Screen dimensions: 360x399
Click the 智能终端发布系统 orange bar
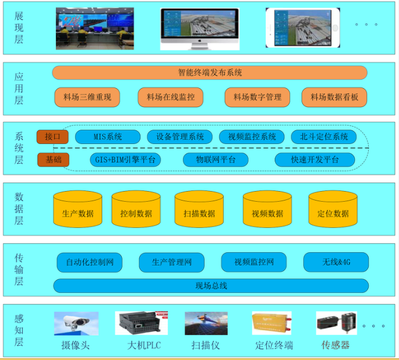click(209, 73)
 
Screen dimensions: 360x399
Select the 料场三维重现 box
click(87, 97)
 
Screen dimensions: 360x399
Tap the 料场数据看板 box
click(334, 97)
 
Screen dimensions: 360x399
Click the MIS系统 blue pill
click(108, 137)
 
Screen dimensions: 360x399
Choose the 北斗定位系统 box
click(324, 137)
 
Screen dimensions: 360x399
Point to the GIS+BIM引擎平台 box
click(125, 159)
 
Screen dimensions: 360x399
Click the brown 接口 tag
click(53, 137)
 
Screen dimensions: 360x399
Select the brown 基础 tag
click(53, 159)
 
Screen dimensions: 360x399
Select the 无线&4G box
click(336, 262)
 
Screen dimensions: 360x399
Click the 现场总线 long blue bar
click(211, 286)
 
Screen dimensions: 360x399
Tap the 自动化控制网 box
click(89, 262)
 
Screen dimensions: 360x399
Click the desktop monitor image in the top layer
click(200, 28)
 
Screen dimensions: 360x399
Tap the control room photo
click(95, 28)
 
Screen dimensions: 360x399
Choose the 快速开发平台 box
click(315, 159)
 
